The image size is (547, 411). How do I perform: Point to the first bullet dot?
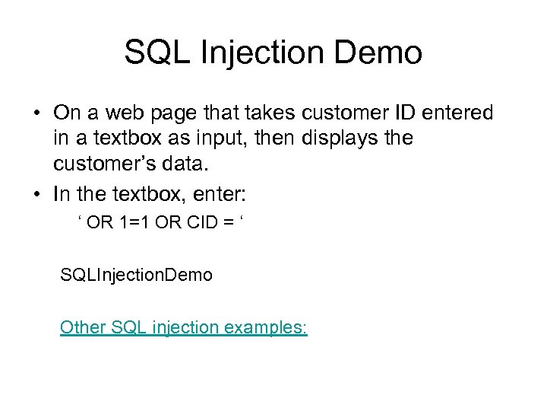tap(36, 114)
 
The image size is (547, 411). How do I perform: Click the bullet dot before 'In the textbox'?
tap(36, 194)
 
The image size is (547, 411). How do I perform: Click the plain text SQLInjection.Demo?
tap(136, 275)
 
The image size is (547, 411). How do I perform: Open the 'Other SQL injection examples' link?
tap(183, 327)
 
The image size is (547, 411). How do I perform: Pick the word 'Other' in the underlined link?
tap(83, 327)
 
